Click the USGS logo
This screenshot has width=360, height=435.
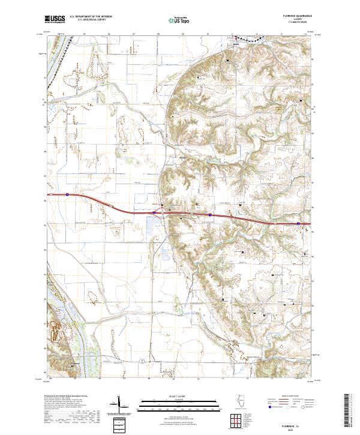(55, 20)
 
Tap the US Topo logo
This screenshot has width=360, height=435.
(178, 20)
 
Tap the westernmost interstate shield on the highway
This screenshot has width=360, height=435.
(68, 194)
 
